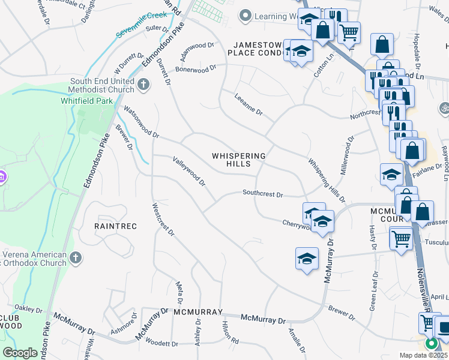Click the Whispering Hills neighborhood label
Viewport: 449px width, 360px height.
pyautogui.click(x=238, y=160)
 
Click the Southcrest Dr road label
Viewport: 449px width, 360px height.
pyautogui.click(x=262, y=193)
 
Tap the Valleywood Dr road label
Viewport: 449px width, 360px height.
pyautogui.click(x=189, y=170)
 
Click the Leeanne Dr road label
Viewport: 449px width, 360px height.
pyautogui.click(x=249, y=103)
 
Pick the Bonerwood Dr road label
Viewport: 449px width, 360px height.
pyautogui.click(x=195, y=70)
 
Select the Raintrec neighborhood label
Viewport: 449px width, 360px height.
pyautogui.click(x=116, y=226)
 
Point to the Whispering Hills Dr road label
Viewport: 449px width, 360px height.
pyautogui.click(x=327, y=180)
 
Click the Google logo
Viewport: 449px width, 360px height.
pyautogui.click(x=20, y=352)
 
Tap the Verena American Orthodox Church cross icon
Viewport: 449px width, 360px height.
pyautogui.click(x=75, y=258)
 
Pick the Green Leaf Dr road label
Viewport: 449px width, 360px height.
pyautogui.click(x=373, y=290)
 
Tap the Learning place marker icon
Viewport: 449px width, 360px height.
pyautogui.click(x=244, y=16)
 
